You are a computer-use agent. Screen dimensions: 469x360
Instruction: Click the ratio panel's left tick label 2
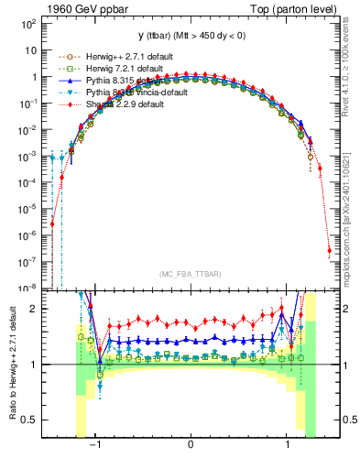[31, 310]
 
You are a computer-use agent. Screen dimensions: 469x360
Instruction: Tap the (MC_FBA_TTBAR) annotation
[190, 275]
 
